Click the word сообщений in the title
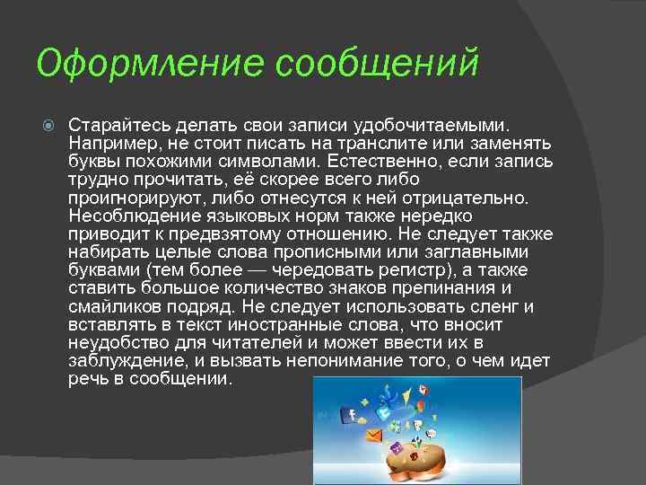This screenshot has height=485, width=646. (377, 65)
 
